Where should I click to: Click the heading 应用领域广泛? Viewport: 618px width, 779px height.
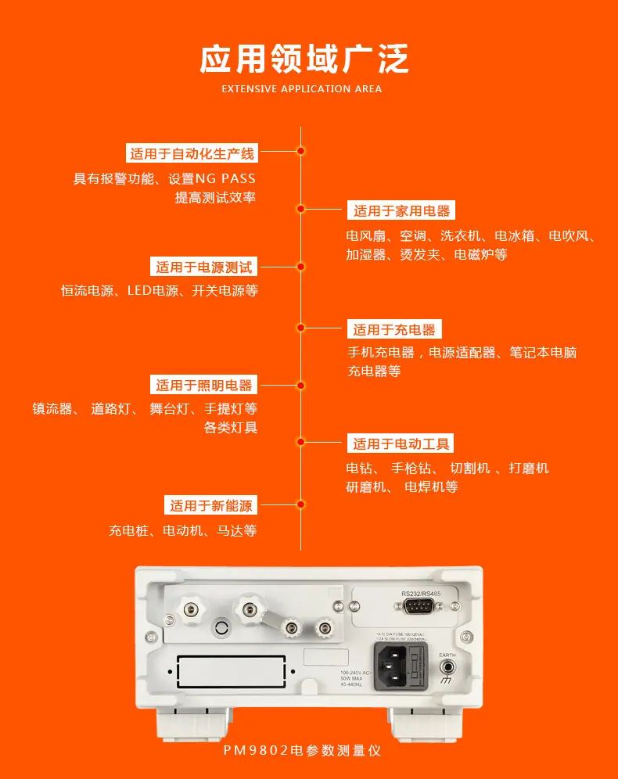tap(304, 59)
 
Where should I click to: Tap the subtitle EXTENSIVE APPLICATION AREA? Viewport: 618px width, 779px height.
tap(302, 89)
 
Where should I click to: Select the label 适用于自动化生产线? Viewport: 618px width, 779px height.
tap(192, 154)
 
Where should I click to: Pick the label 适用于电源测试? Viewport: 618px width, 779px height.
tap(204, 267)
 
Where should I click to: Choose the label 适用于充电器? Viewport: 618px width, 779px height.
tap(393, 329)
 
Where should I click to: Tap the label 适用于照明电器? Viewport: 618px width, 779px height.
tap(204, 385)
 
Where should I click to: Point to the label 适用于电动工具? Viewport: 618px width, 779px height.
tap(401, 444)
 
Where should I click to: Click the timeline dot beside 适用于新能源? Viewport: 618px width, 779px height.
tap(300, 505)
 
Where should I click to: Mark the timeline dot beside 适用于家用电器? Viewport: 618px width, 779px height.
tap(300, 209)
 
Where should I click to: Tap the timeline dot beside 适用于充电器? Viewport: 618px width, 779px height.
tap(300, 328)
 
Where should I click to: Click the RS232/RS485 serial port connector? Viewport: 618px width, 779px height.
tap(421, 608)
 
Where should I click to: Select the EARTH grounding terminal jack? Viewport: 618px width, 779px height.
tap(447, 668)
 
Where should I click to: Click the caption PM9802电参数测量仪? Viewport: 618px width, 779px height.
tap(302, 750)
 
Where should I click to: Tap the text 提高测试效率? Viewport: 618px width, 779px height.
tap(215, 198)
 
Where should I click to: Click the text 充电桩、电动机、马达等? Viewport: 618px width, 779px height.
tap(182, 531)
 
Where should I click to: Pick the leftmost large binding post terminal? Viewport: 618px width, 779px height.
tap(190, 605)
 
